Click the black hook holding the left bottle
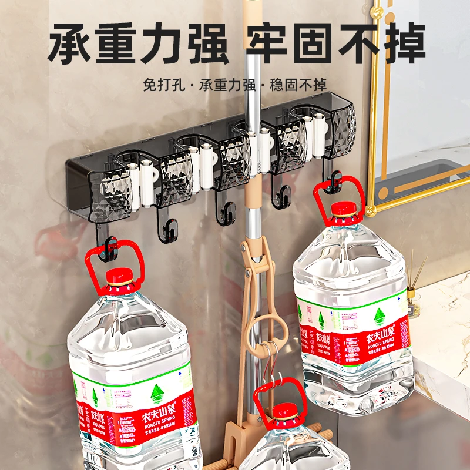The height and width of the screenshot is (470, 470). coord(109,246)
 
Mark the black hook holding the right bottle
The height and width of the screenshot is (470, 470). coord(334,182)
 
